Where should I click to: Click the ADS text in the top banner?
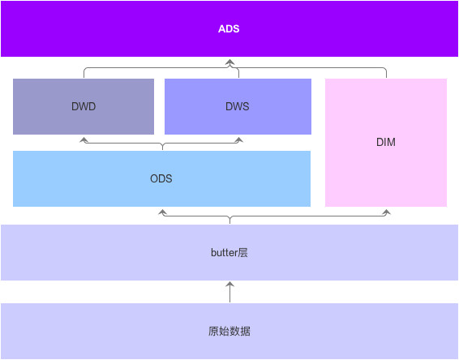229,29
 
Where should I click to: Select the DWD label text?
84,106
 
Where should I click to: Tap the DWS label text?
237,106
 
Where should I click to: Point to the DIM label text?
386,142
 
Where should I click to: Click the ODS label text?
161,178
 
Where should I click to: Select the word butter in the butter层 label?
224,253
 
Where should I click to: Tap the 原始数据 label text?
229,332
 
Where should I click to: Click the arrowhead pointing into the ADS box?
229,62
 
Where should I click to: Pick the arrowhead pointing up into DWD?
84,139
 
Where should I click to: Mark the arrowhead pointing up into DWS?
239,139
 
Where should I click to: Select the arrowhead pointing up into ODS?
162,212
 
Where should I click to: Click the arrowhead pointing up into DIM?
386,212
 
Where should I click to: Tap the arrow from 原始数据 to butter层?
229,291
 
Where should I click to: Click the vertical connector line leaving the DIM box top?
386,74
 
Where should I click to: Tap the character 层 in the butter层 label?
242,253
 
